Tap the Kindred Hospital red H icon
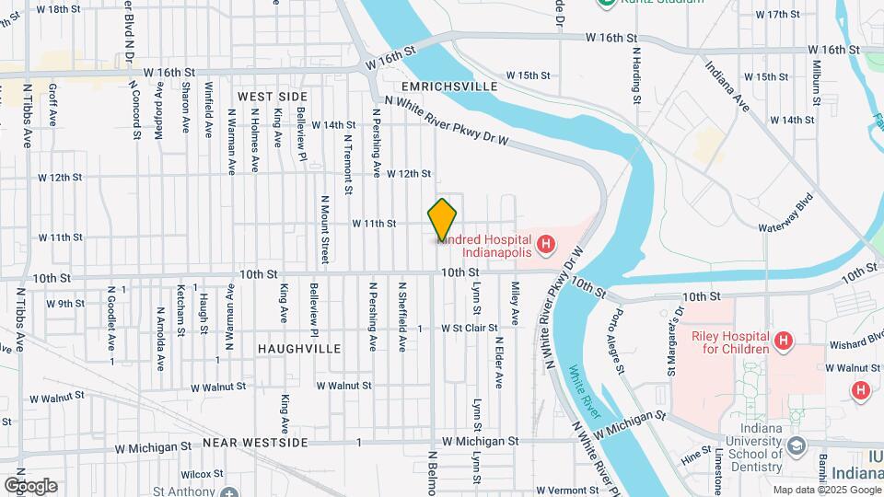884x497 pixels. (x=546, y=244)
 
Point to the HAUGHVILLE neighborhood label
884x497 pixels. (x=299, y=349)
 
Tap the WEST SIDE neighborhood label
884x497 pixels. (x=272, y=97)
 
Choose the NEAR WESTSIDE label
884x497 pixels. (x=255, y=443)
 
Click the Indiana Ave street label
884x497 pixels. (x=727, y=87)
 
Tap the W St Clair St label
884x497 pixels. (x=469, y=328)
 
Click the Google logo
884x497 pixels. (x=30, y=485)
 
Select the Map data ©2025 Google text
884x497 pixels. (x=825, y=490)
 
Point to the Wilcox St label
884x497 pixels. (x=197, y=474)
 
